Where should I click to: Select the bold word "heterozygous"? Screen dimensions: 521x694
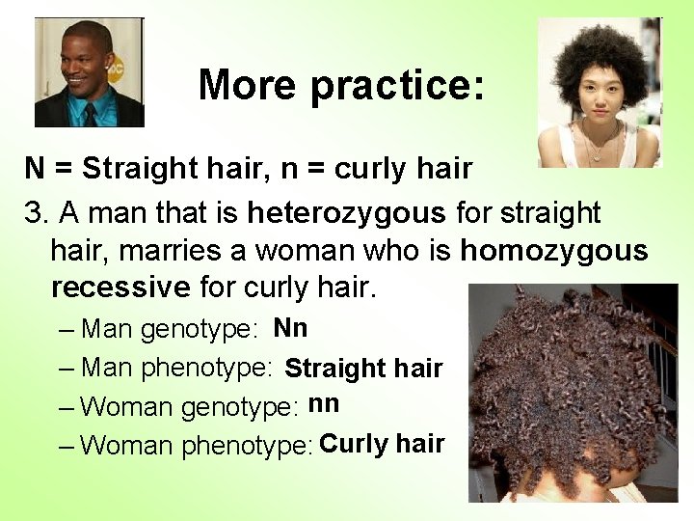click(346, 211)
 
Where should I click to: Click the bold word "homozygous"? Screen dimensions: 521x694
click(554, 250)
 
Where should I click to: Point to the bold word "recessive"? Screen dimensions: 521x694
click(120, 288)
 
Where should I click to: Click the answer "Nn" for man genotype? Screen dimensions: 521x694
click(290, 328)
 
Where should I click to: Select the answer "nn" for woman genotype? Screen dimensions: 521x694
click(324, 404)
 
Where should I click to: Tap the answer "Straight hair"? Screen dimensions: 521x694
click(363, 368)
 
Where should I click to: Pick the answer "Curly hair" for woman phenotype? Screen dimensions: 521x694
click(382, 444)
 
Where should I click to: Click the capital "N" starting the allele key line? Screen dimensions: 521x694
click(35, 169)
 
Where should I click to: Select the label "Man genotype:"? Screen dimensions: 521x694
click(170, 330)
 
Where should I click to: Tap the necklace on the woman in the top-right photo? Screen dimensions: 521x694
click(601, 150)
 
